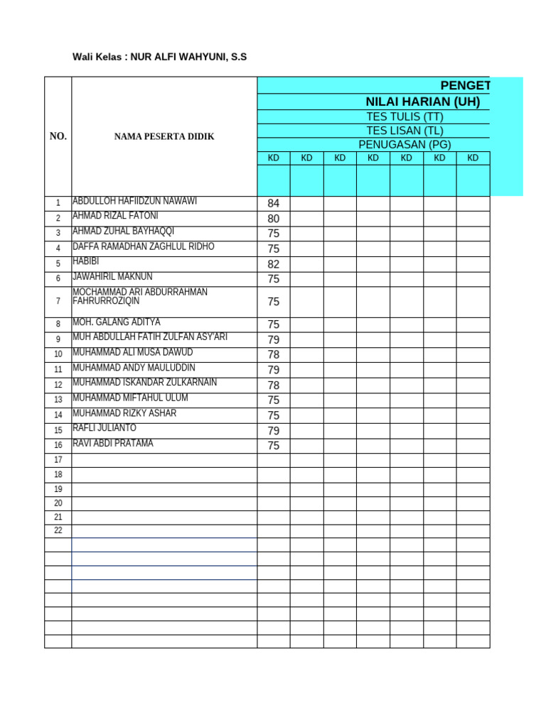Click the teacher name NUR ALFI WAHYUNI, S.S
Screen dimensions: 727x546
188,57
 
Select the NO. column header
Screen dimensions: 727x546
58,136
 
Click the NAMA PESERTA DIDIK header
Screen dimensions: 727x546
164,136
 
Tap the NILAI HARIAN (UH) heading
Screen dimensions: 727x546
422,102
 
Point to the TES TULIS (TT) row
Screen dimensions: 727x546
405,116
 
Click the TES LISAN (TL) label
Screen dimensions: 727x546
405,131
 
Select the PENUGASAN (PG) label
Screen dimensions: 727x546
405,145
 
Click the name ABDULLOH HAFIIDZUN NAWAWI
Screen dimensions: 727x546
135,202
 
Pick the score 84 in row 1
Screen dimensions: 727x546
274,204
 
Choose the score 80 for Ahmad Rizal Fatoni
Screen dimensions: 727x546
274,219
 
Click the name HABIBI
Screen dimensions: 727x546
86,262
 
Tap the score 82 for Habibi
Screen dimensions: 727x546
274,264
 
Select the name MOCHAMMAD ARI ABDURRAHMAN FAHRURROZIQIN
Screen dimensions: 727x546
140,297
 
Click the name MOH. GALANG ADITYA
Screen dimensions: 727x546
117,322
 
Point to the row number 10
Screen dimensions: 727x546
58,354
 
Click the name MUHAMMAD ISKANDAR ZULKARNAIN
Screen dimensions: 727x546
145,383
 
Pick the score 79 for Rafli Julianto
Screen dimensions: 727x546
274,431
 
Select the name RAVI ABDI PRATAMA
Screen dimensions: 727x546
113,444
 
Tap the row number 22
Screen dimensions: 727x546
58,531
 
